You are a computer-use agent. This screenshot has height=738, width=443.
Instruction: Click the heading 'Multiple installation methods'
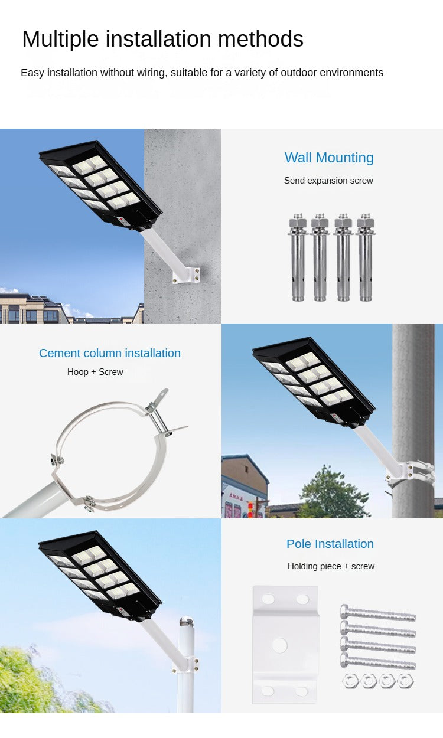pos(162,40)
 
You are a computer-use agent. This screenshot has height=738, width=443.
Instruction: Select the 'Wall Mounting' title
pos(329,158)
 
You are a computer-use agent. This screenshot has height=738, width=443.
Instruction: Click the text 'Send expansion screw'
pos(328,181)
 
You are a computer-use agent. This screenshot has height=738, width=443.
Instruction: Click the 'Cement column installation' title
pos(110,353)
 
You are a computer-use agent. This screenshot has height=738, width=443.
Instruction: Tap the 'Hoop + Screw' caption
pos(95,372)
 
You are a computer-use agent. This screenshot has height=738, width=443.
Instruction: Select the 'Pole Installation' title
pos(330,544)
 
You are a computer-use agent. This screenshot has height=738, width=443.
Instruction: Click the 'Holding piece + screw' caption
pos(331,566)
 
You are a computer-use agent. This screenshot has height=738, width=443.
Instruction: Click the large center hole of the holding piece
pos(279,645)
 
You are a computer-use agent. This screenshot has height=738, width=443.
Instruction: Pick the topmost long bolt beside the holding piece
pos(377,614)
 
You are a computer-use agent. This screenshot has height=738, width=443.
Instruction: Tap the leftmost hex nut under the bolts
pos(351,681)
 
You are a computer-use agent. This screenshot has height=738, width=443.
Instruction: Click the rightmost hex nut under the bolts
pos(405,681)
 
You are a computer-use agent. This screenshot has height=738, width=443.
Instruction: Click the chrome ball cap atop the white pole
pos(186,622)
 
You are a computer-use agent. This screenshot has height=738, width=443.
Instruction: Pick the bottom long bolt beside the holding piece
pos(377,662)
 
